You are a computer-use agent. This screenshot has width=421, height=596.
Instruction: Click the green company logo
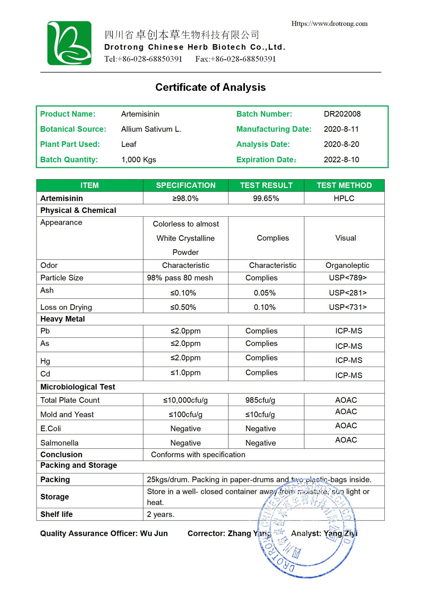click(69, 43)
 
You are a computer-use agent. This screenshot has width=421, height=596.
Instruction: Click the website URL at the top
click(329, 24)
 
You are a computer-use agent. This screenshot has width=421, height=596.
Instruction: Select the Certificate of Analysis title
click(210, 87)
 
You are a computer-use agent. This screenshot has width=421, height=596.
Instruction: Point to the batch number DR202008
click(342, 114)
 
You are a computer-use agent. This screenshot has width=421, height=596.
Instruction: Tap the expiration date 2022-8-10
click(341, 159)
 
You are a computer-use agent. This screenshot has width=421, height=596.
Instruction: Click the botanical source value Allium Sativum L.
click(151, 129)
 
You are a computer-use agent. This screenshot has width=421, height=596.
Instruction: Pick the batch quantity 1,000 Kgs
click(139, 159)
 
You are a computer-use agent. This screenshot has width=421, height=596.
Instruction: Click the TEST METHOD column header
click(344, 185)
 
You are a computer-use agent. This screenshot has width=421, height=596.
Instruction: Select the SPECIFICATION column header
click(186, 185)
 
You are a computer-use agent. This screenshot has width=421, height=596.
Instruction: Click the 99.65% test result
click(266, 198)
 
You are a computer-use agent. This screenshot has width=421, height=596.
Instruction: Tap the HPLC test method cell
click(344, 198)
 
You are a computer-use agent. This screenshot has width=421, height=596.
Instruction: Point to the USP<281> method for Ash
click(348, 293)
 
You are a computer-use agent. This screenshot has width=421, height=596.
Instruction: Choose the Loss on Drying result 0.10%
click(265, 307)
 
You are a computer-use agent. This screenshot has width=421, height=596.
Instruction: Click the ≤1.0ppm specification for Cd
click(186, 373)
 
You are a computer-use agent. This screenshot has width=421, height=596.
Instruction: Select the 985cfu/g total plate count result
click(260, 400)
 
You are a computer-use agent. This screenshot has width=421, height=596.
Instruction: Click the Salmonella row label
click(59, 443)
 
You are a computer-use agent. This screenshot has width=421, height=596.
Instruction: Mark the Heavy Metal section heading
click(62, 319)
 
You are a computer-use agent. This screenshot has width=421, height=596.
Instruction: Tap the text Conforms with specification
click(198, 454)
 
